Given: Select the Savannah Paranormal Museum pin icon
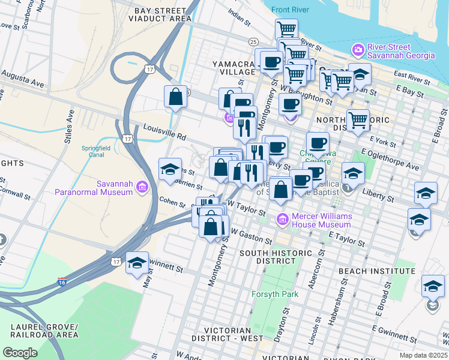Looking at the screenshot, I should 141,188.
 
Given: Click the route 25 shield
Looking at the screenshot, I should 253,41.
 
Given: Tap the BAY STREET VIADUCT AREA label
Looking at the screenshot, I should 159,15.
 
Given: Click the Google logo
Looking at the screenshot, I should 20,353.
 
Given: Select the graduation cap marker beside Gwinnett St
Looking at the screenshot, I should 137,263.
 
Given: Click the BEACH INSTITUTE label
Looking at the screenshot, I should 377,272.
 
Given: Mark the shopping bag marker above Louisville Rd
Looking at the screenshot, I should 176,98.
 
